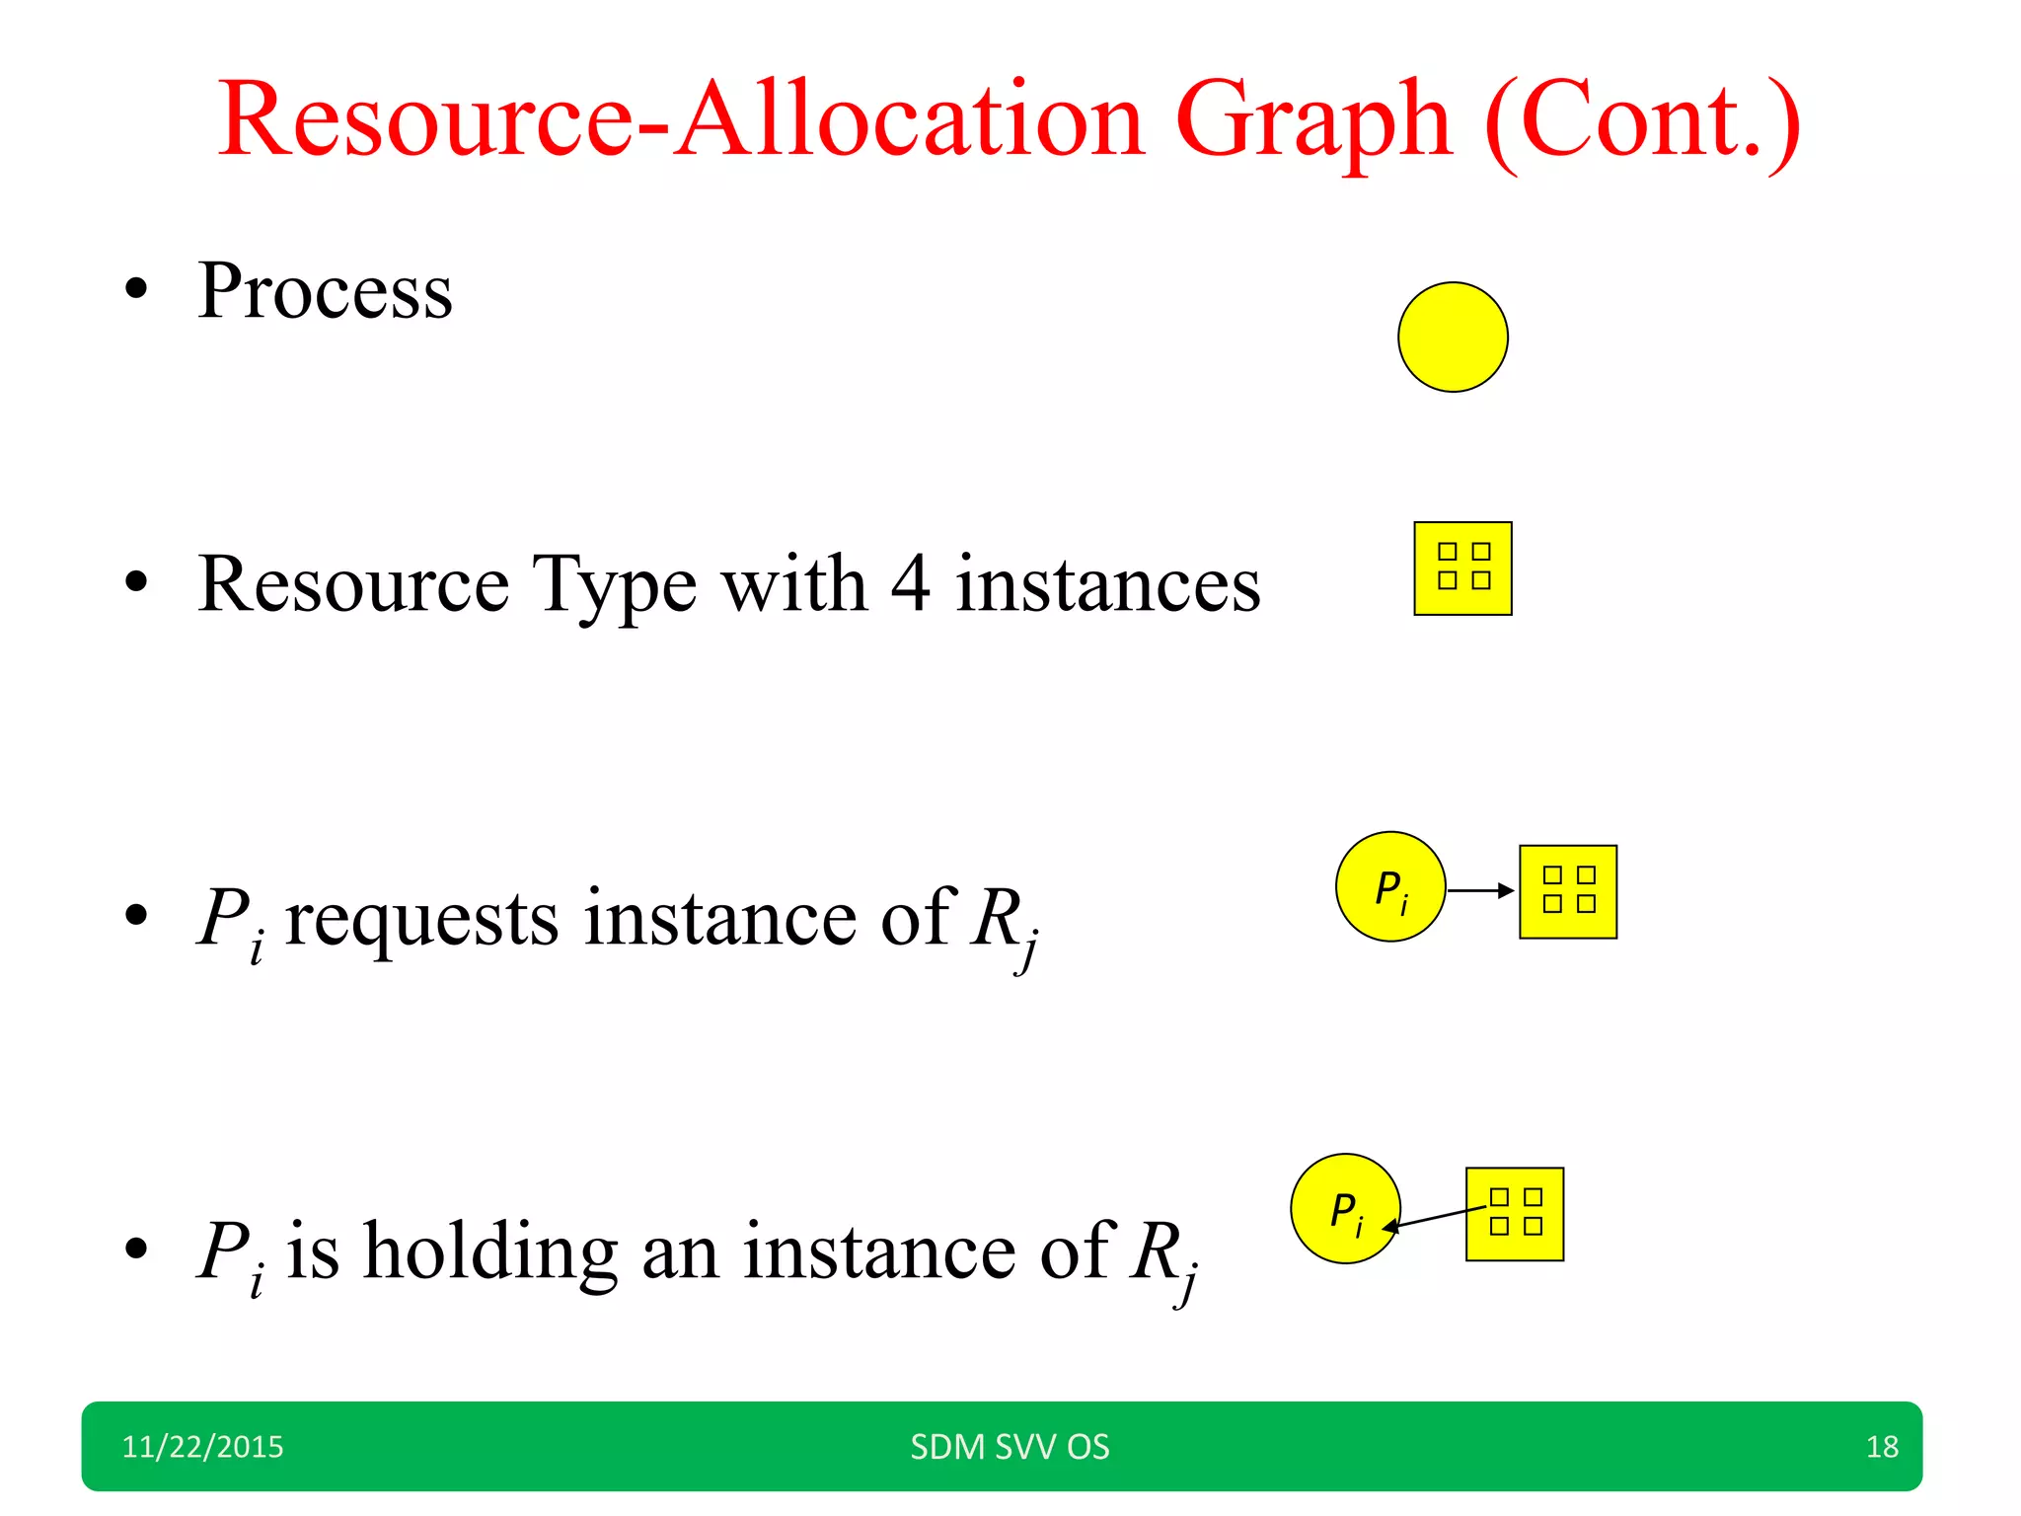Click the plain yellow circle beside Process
coord(1453,338)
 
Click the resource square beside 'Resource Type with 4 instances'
coord(1462,568)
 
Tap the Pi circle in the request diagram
coord(1390,886)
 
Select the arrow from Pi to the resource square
coord(1479,890)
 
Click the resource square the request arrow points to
coord(1568,891)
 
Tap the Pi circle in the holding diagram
coord(1345,1208)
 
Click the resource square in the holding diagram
coord(1515,1214)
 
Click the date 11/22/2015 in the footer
coord(202,1447)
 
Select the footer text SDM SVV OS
coord(1010,1447)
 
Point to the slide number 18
coord(1882,1447)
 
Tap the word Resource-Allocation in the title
coord(681,120)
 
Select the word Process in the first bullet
coord(326,291)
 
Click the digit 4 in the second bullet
coord(910,583)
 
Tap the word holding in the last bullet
coord(490,1251)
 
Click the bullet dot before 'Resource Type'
coord(136,582)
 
